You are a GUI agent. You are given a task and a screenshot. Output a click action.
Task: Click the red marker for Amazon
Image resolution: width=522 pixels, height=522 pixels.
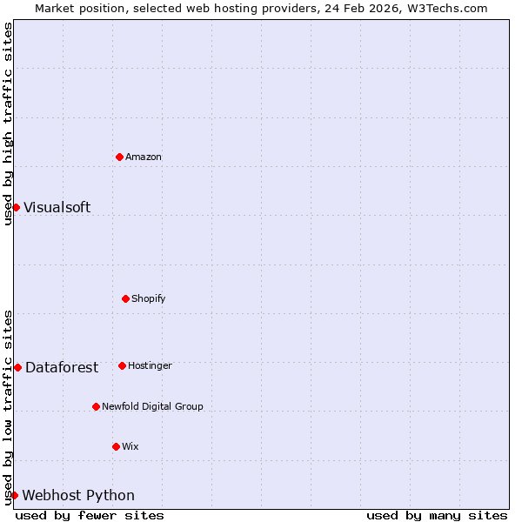(x=119, y=157)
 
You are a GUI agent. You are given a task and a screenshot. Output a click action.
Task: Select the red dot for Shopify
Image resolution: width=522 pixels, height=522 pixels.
(x=125, y=298)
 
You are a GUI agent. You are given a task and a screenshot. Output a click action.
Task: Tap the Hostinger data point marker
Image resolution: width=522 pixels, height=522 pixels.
(x=122, y=365)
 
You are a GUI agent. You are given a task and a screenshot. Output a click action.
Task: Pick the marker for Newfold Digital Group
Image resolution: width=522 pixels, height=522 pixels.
(x=96, y=406)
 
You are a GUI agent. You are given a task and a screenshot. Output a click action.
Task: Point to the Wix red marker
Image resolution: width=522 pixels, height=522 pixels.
(x=116, y=446)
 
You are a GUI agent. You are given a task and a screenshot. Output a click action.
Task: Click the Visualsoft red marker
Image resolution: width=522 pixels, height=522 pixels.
(x=16, y=207)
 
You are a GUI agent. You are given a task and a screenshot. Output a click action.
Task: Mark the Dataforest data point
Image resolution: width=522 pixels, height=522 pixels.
(x=17, y=367)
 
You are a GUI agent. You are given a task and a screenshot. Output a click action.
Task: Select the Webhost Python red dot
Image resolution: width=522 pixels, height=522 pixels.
(x=14, y=495)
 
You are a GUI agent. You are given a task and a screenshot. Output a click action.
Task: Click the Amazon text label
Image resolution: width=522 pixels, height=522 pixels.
(x=144, y=157)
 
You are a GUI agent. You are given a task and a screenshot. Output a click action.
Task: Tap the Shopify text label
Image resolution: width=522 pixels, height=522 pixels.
(x=149, y=299)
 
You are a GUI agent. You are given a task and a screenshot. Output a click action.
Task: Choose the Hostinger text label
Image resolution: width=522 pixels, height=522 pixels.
(x=151, y=366)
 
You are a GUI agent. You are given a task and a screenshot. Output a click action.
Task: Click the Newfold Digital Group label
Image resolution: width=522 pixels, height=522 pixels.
(x=152, y=407)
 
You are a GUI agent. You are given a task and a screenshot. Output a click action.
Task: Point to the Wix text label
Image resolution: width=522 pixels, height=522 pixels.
(x=130, y=447)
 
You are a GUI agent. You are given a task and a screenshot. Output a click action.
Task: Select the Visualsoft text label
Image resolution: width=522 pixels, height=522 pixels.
(x=57, y=208)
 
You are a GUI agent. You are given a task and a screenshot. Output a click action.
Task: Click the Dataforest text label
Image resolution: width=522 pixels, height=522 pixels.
(x=62, y=368)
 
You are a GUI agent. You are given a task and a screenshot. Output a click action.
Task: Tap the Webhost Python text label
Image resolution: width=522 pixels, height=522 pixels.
(x=78, y=496)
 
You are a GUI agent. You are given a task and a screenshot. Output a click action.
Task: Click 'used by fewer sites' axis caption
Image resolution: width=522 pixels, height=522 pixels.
(x=90, y=515)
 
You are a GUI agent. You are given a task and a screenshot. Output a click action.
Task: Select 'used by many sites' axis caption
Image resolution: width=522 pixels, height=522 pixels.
(x=437, y=515)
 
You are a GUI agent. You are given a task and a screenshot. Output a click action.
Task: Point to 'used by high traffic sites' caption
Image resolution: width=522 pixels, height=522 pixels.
(x=8, y=124)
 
